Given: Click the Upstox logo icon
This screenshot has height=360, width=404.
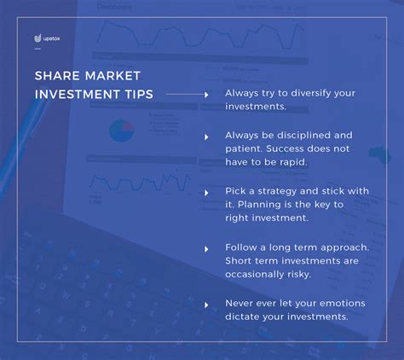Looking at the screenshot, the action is point(38,38).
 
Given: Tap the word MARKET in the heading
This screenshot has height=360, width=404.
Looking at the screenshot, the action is point(113,76).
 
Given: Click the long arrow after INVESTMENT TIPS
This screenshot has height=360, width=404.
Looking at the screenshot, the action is point(188,95).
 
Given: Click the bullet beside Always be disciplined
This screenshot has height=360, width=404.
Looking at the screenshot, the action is point(206,137).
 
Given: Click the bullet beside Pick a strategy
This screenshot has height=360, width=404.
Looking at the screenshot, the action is point(206,193).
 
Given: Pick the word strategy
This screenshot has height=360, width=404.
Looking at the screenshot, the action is point(277,191).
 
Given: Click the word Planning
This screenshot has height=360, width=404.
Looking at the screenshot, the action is point(255,205).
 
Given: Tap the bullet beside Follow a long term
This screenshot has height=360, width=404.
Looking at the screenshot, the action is point(206,249).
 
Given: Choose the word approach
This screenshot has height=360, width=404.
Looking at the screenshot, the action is point(344,247).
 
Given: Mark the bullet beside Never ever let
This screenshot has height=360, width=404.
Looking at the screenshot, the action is point(206,305).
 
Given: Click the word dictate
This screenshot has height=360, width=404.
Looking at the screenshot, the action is point(242,316).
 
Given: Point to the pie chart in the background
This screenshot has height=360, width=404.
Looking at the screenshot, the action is point(122,131).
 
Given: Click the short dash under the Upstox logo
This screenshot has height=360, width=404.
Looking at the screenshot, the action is point(38,49).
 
